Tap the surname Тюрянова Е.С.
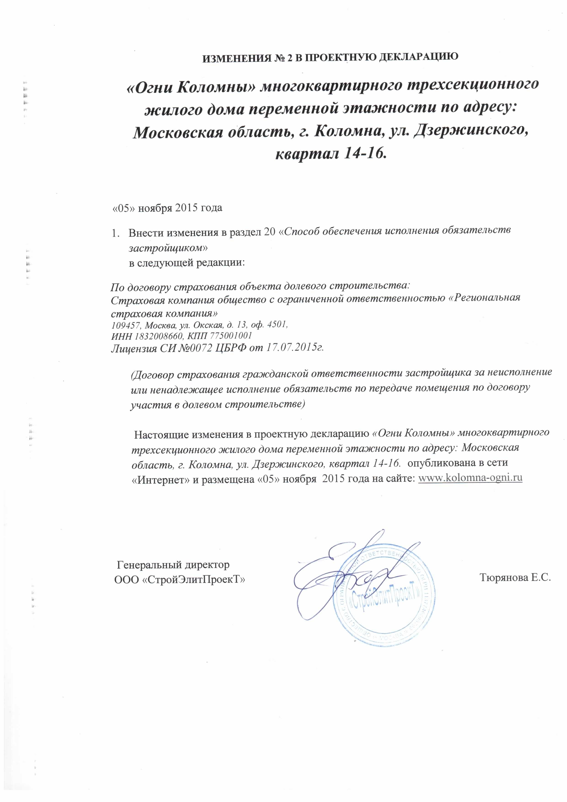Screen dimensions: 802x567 [515, 578]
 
